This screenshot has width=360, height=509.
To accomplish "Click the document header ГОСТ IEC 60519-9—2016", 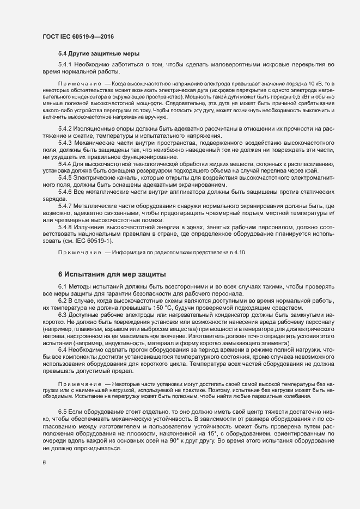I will (x=78, y=36).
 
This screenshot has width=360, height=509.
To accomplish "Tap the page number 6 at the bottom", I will (x=44, y=463).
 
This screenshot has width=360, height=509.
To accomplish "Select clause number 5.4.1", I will (x=66, y=65).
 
